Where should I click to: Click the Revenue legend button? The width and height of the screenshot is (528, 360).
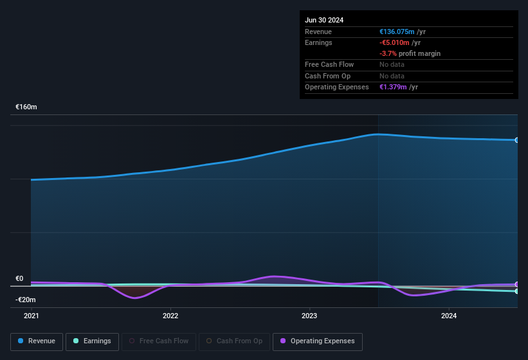pyautogui.click(x=37, y=341)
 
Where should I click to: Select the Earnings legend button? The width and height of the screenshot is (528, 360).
pyautogui.click(x=92, y=341)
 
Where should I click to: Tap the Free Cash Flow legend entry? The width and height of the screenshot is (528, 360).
pyautogui.click(x=158, y=341)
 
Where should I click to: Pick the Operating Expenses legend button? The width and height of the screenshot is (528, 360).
pyautogui.click(x=318, y=341)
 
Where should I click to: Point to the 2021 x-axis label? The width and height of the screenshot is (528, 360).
pyautogui.click(x=31, y=316)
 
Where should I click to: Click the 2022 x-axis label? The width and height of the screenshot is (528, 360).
pyautogui.click(x=170, y=316)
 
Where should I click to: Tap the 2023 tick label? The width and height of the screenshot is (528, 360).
pyautogui.click(x=309, y=316)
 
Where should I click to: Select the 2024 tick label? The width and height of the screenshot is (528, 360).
pyautogui.click(x=449, y=316)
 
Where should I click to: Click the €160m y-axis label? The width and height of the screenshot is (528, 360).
pyautogui.click(x=26, y=107)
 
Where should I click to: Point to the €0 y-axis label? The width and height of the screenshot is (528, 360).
pyautogui.click(x=19, y=278)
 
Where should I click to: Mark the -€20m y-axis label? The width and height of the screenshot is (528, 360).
pyautogui.click(x=26, y=300)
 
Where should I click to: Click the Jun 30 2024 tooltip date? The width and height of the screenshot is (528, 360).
pyautogui.click(x=324, y=20)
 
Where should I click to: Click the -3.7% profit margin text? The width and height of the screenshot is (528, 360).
pyautogui.click(x=410, y=53)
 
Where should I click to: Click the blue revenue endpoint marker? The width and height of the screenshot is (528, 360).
pyautogui.click(x=517, y=139)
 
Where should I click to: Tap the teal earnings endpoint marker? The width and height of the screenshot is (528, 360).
pyautogui.click(x=517, y=291)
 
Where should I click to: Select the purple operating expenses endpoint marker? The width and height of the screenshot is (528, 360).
pyautogui.click(x=517, y=284)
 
